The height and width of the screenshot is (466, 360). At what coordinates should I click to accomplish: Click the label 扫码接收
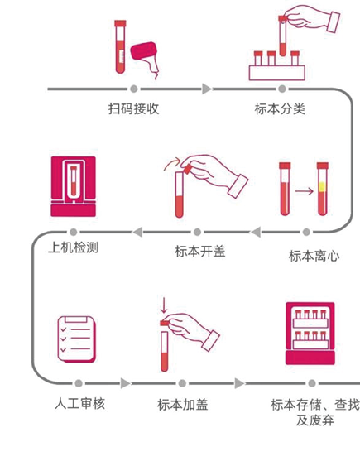click(133, 108)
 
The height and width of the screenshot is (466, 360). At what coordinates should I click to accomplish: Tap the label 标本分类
click(280, 108)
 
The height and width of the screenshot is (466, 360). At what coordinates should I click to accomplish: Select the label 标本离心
click(314, 256)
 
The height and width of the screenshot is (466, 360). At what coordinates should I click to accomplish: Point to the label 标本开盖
click(200, 252)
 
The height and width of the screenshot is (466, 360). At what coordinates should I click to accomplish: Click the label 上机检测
click(73, 247)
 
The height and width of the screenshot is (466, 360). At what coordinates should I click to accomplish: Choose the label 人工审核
click(80, 404)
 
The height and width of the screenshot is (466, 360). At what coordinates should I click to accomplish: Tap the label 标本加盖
click(182, 405)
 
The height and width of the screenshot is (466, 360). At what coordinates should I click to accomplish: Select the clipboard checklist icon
click(77, 339)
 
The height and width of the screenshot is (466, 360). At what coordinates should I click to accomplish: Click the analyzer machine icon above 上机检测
click(74, 186)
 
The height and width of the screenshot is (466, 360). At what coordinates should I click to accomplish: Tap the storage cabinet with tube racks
click(310, 334)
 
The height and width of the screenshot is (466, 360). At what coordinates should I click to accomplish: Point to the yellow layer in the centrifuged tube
click(322, 187)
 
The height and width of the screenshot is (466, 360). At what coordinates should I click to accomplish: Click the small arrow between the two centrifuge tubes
click(305, 191)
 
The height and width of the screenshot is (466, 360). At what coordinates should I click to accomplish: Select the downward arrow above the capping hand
click(164, 305)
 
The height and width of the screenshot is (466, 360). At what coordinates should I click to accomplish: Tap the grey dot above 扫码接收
click(134, 89)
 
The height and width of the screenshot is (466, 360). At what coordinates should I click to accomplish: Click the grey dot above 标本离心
click(306, 232)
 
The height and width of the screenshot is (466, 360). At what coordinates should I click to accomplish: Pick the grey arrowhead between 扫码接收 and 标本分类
click(207, 89)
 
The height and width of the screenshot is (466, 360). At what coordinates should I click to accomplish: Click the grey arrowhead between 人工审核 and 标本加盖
click(125, 383)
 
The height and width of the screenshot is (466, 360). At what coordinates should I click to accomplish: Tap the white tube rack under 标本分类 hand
click(277, 73)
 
